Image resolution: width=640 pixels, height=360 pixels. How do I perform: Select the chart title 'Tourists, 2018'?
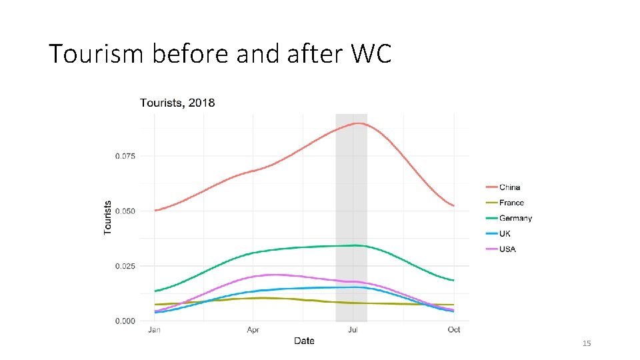point(177,103)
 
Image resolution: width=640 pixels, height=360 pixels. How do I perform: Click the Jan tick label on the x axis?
point(154,329)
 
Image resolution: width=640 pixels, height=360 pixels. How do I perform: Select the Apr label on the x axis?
point(253,329)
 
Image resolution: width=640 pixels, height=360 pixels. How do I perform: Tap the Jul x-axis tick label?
point(353,329)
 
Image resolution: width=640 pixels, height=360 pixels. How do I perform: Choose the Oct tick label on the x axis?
point(453,329)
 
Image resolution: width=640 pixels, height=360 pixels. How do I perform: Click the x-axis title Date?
point(304,341)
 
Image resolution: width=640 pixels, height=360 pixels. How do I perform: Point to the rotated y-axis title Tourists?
point(108,217)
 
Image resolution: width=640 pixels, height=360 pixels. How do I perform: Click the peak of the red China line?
point(359,123)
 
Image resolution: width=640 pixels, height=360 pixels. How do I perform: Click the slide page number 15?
point(587,343)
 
